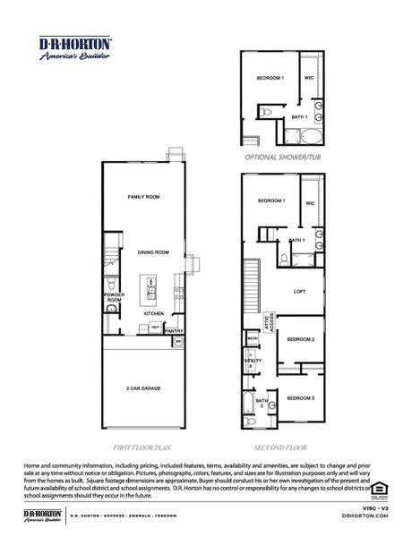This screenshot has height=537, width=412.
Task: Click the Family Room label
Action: (143, 196)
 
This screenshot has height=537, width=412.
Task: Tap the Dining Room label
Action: (153, 252)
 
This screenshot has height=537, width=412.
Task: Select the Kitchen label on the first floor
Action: (153, 314)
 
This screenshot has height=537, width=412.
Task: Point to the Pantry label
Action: (174, 330)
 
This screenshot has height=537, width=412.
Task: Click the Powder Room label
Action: (113, 297)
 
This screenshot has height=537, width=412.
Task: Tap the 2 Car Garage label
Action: (143, 389)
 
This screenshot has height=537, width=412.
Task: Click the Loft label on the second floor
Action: (300, 292)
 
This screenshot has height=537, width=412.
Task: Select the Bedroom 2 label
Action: (300, 340)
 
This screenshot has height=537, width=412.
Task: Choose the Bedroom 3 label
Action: (300, 396)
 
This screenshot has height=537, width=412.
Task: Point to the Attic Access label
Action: (266, 322)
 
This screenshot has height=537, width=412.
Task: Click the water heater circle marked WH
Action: (179, 342)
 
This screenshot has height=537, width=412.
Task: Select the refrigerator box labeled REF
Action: (155, 328)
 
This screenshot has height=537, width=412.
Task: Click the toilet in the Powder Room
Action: (111, 310)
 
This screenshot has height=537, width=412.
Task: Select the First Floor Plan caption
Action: (144, 445)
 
